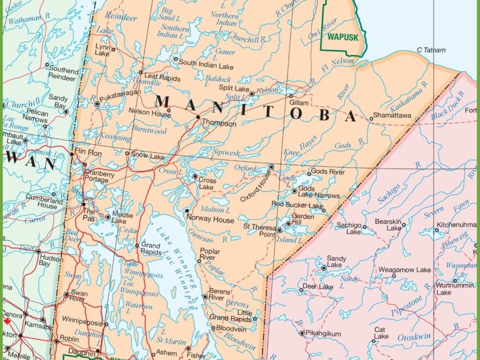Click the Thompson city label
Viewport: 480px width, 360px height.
219,124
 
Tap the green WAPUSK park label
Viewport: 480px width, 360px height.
342,37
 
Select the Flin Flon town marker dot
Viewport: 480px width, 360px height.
71,154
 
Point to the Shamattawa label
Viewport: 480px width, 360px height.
393,116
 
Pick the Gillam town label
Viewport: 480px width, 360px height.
299,103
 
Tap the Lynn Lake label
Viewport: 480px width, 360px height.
103,50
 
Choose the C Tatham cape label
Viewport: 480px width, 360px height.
431,50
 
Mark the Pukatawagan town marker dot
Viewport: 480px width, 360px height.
97,103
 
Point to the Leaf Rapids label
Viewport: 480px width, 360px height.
163,79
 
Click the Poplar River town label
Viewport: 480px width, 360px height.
210,254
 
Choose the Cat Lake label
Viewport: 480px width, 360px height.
381,333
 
